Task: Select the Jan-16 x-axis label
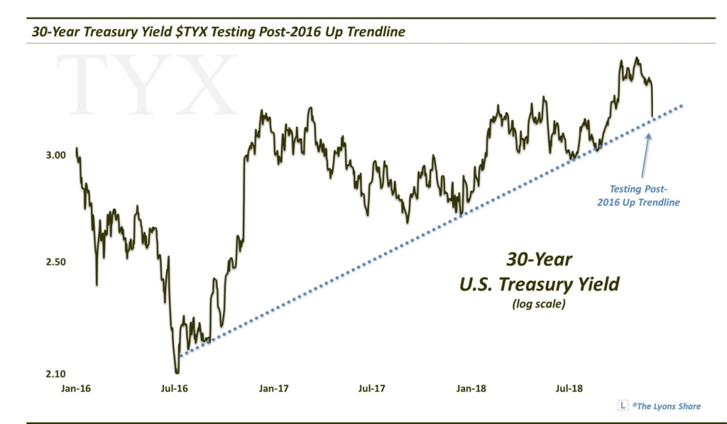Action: click(x=77, y=388)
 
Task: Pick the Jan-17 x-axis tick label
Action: click(x=273, y=388)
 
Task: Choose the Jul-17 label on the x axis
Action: click(x=371, y=388)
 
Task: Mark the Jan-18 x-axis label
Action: click(x=472, y=388)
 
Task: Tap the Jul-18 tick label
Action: click(x=568, y=388)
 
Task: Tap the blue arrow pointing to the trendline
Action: click(x=645, y=156)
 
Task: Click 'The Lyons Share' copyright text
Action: click(x=667, y=406)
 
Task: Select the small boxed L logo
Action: click(x=623, y=406)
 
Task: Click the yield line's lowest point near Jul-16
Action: click(x=177, y=372)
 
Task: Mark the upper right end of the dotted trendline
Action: click(x=682, y=106)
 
